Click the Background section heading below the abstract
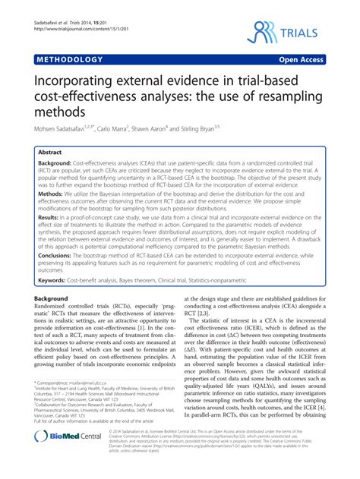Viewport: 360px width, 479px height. click(51, 299)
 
